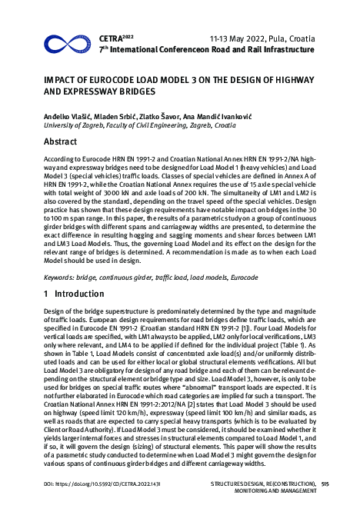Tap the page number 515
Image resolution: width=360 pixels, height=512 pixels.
[x=325, y=484]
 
